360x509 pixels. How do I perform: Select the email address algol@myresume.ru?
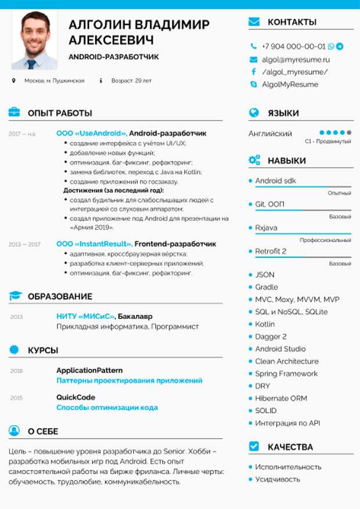click(x=296, y=59)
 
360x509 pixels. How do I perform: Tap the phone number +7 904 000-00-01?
click(x=293, y=46)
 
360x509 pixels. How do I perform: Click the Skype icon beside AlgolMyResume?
click(x=253, y=84)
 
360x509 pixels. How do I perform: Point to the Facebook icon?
click(x=253, y=72)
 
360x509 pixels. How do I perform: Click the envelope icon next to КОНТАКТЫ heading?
click(x=254, y=22)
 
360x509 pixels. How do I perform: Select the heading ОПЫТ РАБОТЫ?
click(x=60, y=113)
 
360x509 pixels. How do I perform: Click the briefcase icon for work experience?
click(x=15, y=113)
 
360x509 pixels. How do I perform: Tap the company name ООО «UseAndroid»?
click(x=92, y=133)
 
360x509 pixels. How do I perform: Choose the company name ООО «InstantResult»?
click(x=94, y=244)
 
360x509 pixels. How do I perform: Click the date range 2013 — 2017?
click(x=24, y=245)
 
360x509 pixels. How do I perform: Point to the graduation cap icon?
click(x=15, y=296)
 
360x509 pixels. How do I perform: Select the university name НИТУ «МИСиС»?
click(x=85, y=317)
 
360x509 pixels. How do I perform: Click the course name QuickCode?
click(x=75, y=397)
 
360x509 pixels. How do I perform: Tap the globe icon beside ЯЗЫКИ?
click(x=254, y=113)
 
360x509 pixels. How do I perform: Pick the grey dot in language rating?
click(x=349, y=133)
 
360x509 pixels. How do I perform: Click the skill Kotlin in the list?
click(x=265, y=324)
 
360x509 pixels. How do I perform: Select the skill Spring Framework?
click(x=286, y=374)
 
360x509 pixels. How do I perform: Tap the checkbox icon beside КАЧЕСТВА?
click(x=254, y=446)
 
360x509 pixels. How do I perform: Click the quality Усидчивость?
click(x=278, y=479)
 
